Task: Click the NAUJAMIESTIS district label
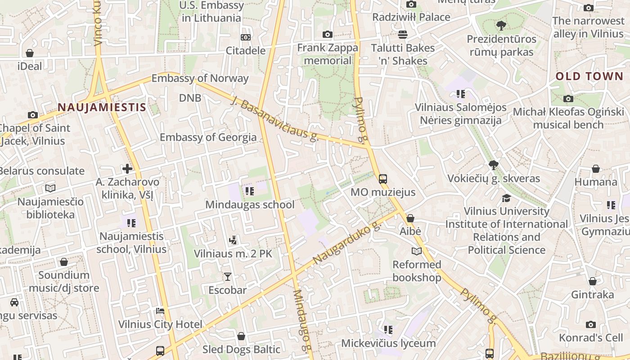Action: click(x=102, y=107)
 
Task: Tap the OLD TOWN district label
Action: click(x=589, y=76)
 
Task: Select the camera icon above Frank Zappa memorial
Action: click(x=328, y=34)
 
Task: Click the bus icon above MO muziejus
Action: click(x=382, y=179)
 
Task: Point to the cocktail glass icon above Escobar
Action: click(x=228, y=276)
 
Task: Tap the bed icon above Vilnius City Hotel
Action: click(x=160, y=310)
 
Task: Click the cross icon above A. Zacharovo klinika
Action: click(x=127, y=169)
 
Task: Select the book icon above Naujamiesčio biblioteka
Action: click(x=50, y=188)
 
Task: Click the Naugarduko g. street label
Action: click(x=346, y=243)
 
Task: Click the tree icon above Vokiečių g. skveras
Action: click(x=493, y=165)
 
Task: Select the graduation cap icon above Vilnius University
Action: click(x=506, y=198)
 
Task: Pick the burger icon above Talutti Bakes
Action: click(x=402, y=35)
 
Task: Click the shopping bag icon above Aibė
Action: click(x=410, y=218)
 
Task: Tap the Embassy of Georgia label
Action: click(x=208, y=137)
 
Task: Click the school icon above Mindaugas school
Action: click(x=249, y=191)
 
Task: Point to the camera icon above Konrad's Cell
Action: click(x=590, y=324)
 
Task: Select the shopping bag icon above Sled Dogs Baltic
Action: click(x=241, y=336)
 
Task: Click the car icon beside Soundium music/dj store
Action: click(x=14, y=302)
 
